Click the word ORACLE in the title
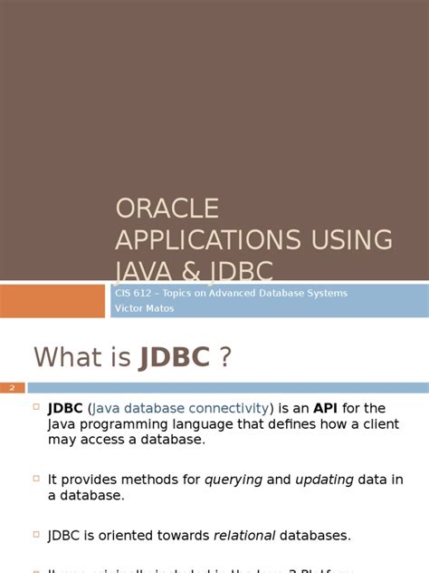tap(167, 209)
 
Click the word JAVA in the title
tap(144, 270)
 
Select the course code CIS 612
tap(130, 293)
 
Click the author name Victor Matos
tap(143, 308)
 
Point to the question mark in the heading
tap(225, 357)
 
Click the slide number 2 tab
tap(13, 388)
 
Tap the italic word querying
tap(234, 480)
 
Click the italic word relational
tap(244, 535)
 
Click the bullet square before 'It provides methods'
tap(36, 478)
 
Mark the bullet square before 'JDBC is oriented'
tap(36, 533)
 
